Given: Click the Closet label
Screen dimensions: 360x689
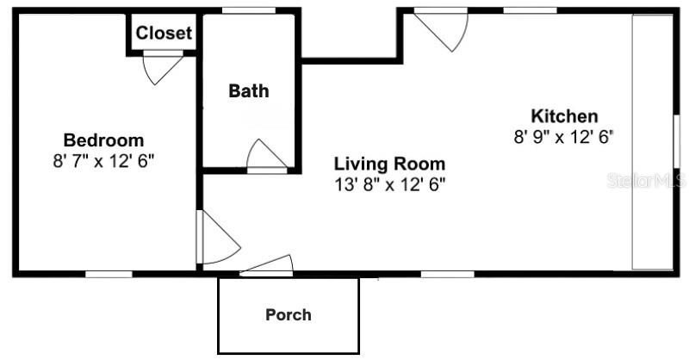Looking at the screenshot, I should click(x=164, y=34).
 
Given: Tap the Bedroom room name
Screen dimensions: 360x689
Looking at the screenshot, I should click(x=103, y=140).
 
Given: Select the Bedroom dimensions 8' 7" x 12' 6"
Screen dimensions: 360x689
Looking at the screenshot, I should click(x=103, y=160).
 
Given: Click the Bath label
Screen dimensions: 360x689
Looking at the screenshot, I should click(x=248, y=90).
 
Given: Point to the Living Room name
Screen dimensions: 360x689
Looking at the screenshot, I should click(x=389, y=164).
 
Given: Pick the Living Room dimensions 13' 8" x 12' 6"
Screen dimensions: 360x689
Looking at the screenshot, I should click(x=389, y=183).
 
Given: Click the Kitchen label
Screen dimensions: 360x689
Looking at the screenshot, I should click(x=564, y=116).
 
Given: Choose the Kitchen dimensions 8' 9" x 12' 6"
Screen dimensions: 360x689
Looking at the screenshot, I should click(x=564, y=136).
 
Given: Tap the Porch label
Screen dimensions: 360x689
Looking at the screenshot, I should click(x=288, y=314).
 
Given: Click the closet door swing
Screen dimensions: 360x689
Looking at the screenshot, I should click(x=163, y=68).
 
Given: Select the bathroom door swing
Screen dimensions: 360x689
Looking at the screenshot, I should click(x=265, y=155).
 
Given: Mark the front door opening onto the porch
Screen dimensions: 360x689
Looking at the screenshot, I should click(x=267, y=266).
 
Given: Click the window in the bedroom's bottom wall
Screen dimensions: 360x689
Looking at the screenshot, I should click(x=109, y=274).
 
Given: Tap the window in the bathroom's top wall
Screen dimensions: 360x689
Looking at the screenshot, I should click(x=248, y=10).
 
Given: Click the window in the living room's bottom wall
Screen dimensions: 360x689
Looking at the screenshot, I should click(x=447, y=274).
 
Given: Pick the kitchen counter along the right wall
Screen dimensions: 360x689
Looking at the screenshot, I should click(x=652, y=142).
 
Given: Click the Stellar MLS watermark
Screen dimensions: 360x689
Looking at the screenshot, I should click(x=647, y=181).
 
